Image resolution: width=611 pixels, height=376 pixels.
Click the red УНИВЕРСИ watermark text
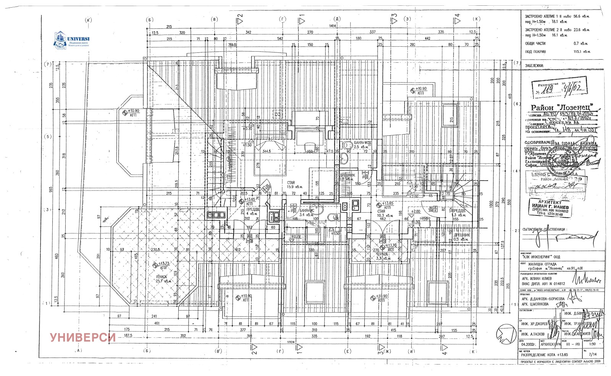coord(82,337)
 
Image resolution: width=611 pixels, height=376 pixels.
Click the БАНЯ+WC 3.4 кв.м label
coord(307,213)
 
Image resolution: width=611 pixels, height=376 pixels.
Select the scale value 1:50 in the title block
coord(592,344)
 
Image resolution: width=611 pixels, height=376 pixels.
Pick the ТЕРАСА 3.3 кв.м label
coord(382,256)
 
